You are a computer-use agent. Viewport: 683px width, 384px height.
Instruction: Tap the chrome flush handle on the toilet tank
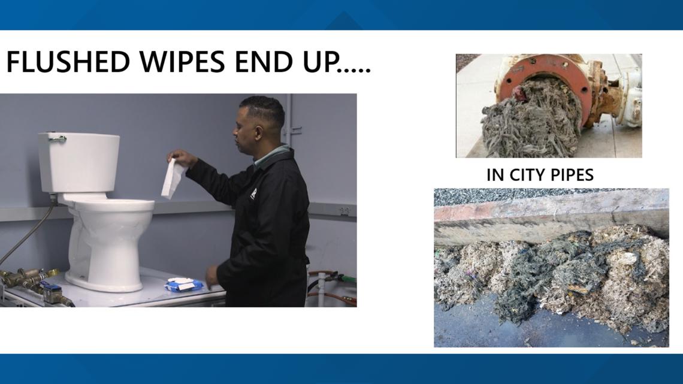point(57,139)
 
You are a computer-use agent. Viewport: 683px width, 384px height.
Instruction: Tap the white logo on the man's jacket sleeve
point(253,193)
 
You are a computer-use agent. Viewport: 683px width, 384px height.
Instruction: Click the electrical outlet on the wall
point(344,211)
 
